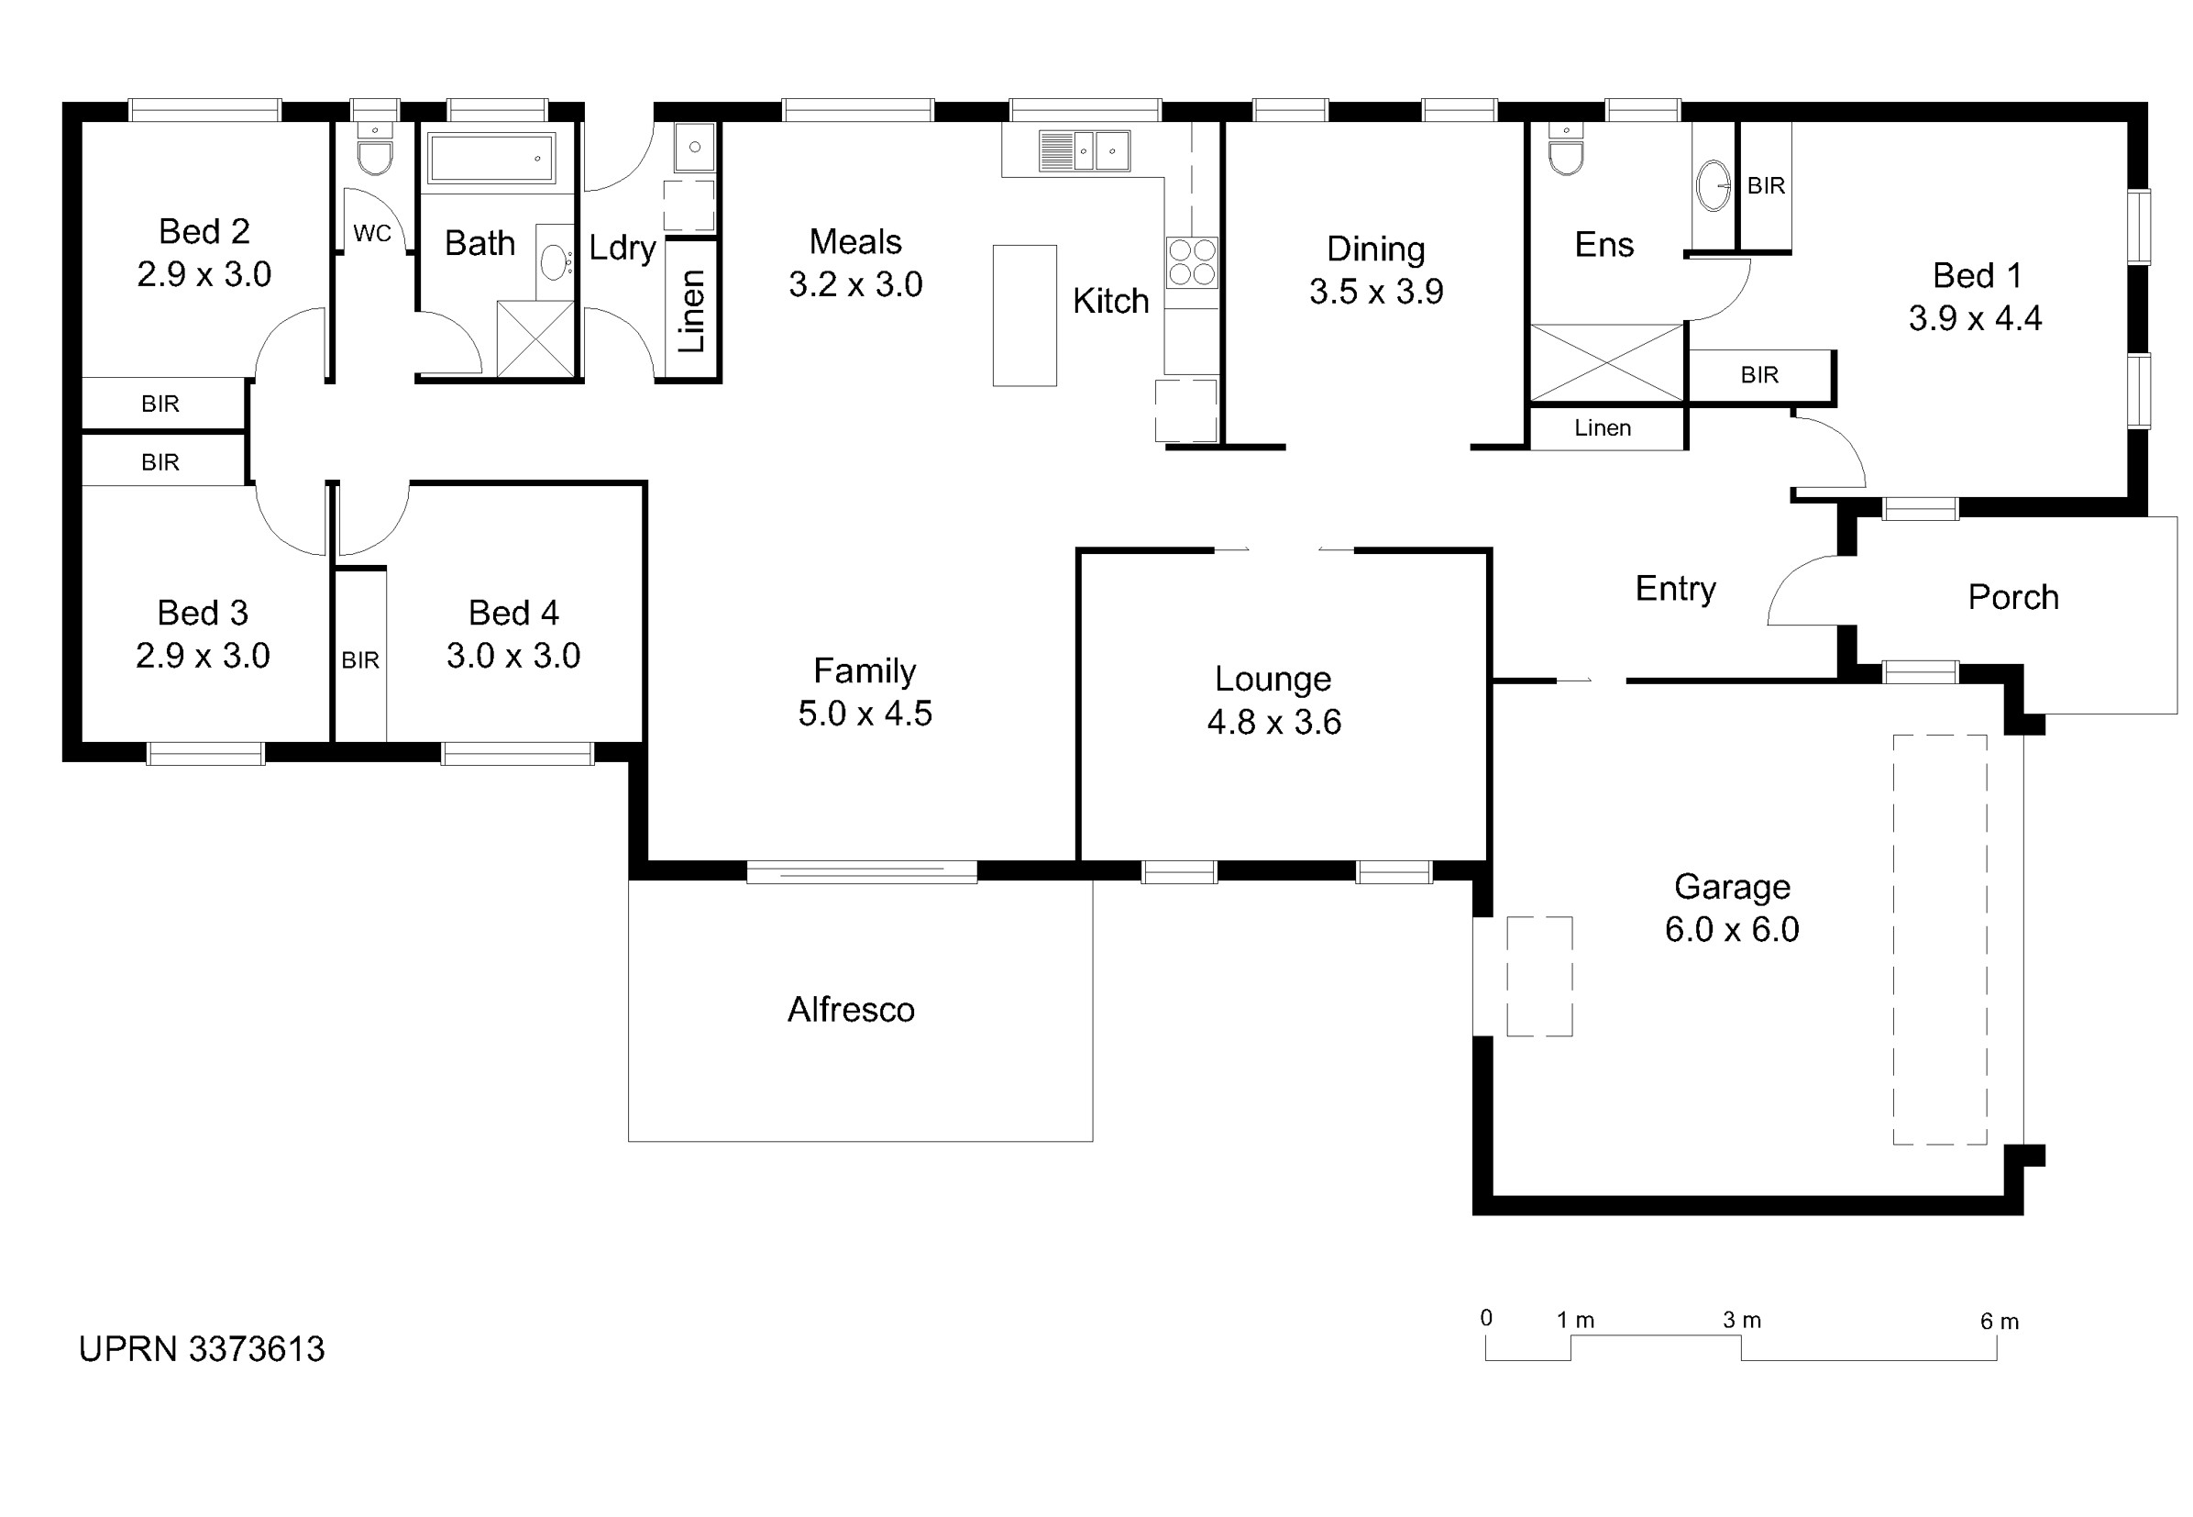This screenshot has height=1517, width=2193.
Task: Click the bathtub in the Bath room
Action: tap(490, 158)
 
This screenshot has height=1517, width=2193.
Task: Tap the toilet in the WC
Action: tap(375, 149)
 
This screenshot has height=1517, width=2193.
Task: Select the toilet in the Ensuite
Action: tap(1565, 149)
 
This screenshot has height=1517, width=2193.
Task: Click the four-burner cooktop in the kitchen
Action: tap(1192, 261)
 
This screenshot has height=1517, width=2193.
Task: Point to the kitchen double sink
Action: tap(1085, 151)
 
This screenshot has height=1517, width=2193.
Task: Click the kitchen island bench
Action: tap(1024, 316)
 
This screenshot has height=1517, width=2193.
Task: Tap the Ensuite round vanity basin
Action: tap(1714, 185)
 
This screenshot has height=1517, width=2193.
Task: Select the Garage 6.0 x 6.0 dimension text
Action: tap(1731, 930)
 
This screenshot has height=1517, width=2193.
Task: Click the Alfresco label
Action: tap(851, 1010)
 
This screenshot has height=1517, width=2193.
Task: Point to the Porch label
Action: tap(2012, 597)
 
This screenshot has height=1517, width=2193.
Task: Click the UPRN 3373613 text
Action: tap(202, 1349)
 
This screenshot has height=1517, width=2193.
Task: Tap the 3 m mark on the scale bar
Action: tap(1741, 1320)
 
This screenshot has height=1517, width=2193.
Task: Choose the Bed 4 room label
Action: tap(513, 612)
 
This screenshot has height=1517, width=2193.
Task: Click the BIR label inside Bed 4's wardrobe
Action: tap(360, 659)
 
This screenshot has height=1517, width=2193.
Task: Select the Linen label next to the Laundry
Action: tap(691, 311)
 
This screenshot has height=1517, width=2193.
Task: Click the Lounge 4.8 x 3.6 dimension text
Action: tap(1273, 723)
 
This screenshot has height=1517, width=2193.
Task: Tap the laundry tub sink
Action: tap(695, 148)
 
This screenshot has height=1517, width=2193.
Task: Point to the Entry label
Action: tap(1675, 591)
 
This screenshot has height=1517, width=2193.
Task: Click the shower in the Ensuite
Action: tap(1607, 363)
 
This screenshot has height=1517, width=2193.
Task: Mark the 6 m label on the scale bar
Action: tap(2000, 1322)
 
